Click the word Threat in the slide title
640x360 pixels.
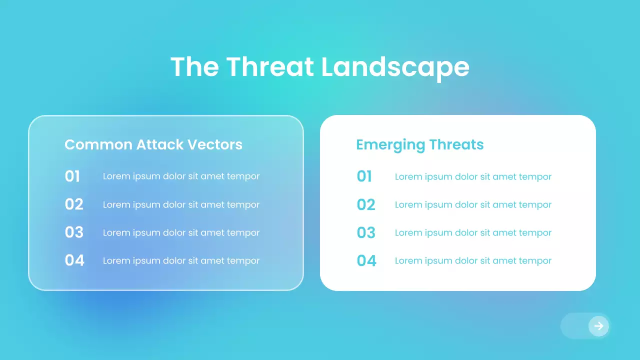coord(270,66)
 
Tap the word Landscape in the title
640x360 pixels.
coord(395,68)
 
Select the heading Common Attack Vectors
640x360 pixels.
coord(153,144)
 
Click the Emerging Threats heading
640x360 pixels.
coord(419,145)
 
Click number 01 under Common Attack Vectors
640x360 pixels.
coord(72,176)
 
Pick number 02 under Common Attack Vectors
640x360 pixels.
coord(74,204)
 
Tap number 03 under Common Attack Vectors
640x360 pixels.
coord(74,232)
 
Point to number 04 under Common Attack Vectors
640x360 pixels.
coord(74,260)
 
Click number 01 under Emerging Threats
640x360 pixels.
coord(364,176)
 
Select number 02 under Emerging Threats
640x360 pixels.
coord(366,204)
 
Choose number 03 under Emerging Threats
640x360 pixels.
coord(366,232)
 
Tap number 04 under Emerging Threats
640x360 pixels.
coord(366,260)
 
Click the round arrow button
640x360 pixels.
coord(598,326)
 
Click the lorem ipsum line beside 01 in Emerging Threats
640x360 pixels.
coord(473,177)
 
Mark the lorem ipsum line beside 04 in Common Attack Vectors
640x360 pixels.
coord(181,261)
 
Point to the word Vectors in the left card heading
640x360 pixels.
coord(215,144)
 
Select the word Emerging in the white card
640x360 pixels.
coord(390,145)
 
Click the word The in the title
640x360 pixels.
coord(195,66)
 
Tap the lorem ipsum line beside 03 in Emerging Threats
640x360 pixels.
coord(473,233)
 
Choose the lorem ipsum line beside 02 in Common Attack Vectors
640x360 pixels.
coord(181,205)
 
